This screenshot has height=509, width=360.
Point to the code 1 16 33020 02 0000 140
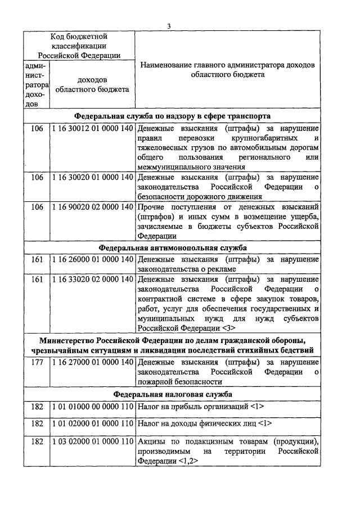pos(92,279)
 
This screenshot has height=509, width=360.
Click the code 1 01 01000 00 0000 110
pos(92,406)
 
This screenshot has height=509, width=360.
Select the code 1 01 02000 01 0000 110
pos(92,423)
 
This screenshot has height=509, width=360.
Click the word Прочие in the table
pos(151,207)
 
